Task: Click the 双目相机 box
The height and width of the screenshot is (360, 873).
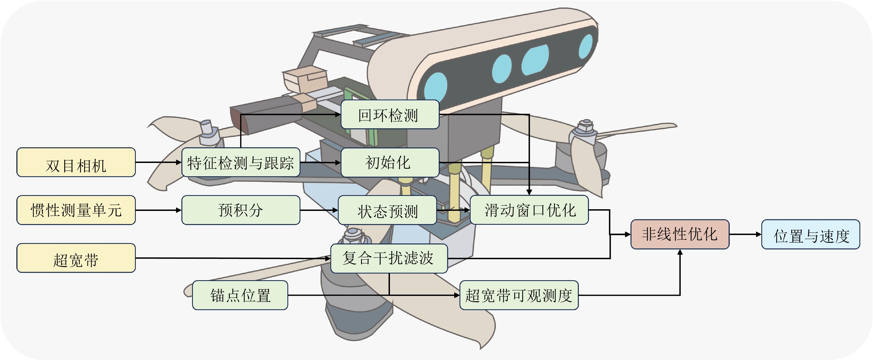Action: click(76, 162)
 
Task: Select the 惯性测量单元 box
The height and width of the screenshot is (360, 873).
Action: click(76, 210)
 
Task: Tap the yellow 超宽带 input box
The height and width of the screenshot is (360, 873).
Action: click(76, 258)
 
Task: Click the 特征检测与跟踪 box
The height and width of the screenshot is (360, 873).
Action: click(241, 162)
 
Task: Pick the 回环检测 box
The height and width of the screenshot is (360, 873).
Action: click(390, 114)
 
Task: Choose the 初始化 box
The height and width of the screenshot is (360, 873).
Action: click(390, 162)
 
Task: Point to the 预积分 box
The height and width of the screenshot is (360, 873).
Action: click(241, 210)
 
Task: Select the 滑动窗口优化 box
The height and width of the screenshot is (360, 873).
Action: click(529, 210)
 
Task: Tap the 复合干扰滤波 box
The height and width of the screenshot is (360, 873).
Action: click(389, 258)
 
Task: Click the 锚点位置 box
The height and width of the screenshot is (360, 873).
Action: click(240, 295)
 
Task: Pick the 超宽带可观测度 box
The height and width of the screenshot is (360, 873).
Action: click(519, 295)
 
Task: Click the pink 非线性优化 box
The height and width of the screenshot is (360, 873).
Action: click(680, 234)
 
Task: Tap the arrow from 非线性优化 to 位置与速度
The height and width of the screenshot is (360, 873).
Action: click(745, 234)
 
